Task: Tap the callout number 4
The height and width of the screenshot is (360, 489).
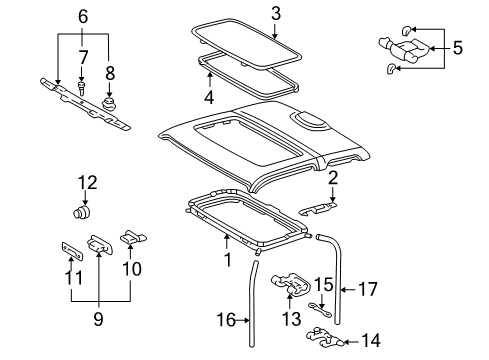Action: click(x=209, y=98)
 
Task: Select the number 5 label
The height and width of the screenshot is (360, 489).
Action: click(x=457, y=46)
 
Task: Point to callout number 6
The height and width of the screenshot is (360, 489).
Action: click(x=83, y=15)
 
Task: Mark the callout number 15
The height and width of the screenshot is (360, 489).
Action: click(x=322, y=285)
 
